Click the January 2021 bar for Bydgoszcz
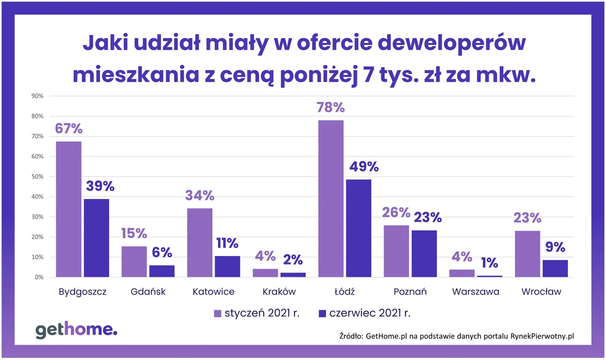coord(69,209)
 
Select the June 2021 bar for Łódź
coord(358,228)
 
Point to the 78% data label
coord(330,107)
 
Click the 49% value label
coord(363,167)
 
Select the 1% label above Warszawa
coord(489,262)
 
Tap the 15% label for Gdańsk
coord(133,234)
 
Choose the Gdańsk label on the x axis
coord(148,292)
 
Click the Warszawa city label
coord(475,292)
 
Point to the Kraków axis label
coord(279,292)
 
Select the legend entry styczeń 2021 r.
coord(256,313)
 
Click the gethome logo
coord(76,331)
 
